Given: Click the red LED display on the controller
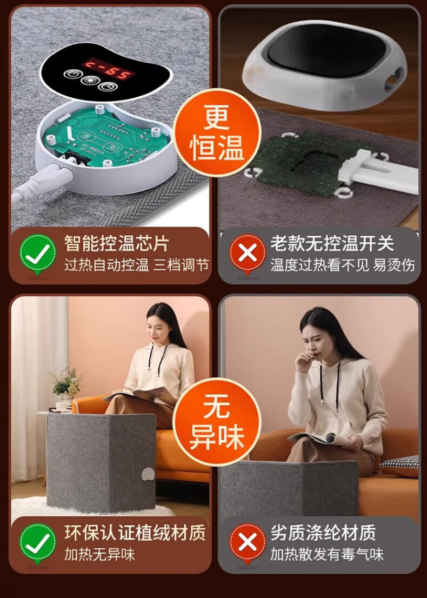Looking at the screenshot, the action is tap(109, 68).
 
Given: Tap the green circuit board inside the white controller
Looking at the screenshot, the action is tap(103, 137).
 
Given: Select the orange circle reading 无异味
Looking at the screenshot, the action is tap(217, 422).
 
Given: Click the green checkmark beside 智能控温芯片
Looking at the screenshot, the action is tap(37, 253).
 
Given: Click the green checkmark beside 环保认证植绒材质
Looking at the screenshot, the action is tap(37, 543).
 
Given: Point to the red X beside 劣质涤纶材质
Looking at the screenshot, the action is tap(247, 543).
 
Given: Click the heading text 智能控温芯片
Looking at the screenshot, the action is tap(116, 243).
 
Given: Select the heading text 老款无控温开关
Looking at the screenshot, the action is tap(332, 243).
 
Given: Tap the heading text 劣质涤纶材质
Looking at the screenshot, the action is tap(323, 533).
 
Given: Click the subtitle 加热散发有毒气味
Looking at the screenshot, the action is tap(326, 554).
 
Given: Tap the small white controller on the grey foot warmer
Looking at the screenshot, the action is tap(148, 474).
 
